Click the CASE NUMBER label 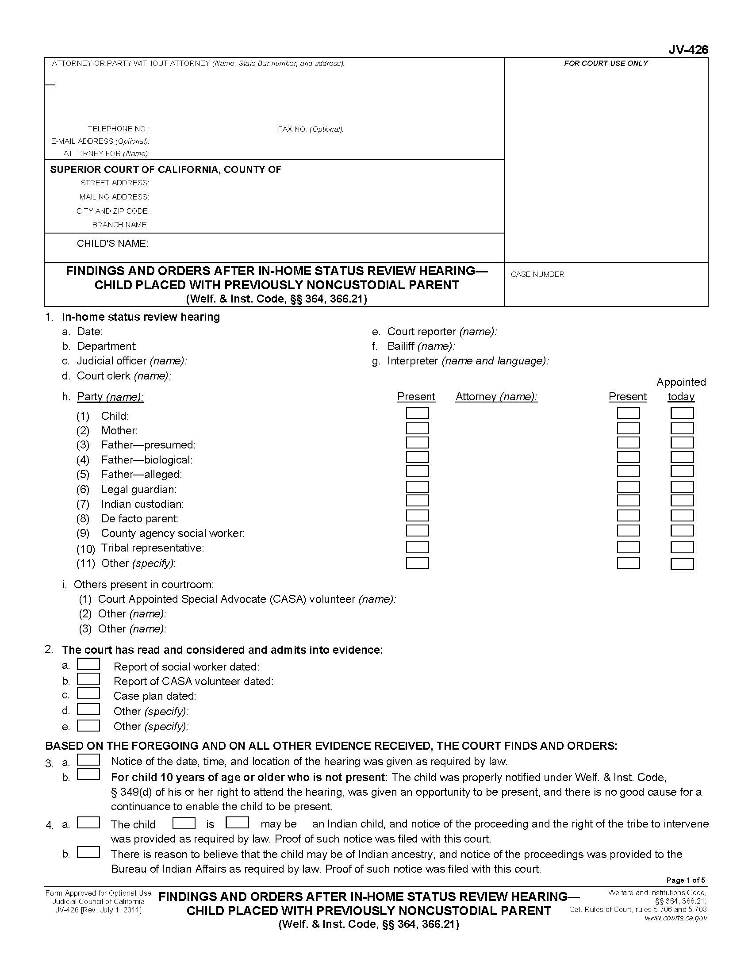(538, 275)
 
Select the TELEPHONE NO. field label (119, 129)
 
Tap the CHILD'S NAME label (112, 243)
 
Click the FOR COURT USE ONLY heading (606, 63)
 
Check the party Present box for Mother (417, 428)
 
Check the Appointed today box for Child (682, 413)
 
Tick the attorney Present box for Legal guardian (628, 486)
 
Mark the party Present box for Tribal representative (417, 547)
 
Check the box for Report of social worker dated (88, 664)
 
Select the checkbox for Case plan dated (88, 693)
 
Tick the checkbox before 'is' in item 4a (184, 823)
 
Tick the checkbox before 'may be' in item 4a (237, 823)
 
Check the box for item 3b (88, 775)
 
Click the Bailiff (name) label (421, 346)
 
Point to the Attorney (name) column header (496, 397)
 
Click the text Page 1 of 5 (685, 880)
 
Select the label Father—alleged (141, 474)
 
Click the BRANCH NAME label (120, 225)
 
